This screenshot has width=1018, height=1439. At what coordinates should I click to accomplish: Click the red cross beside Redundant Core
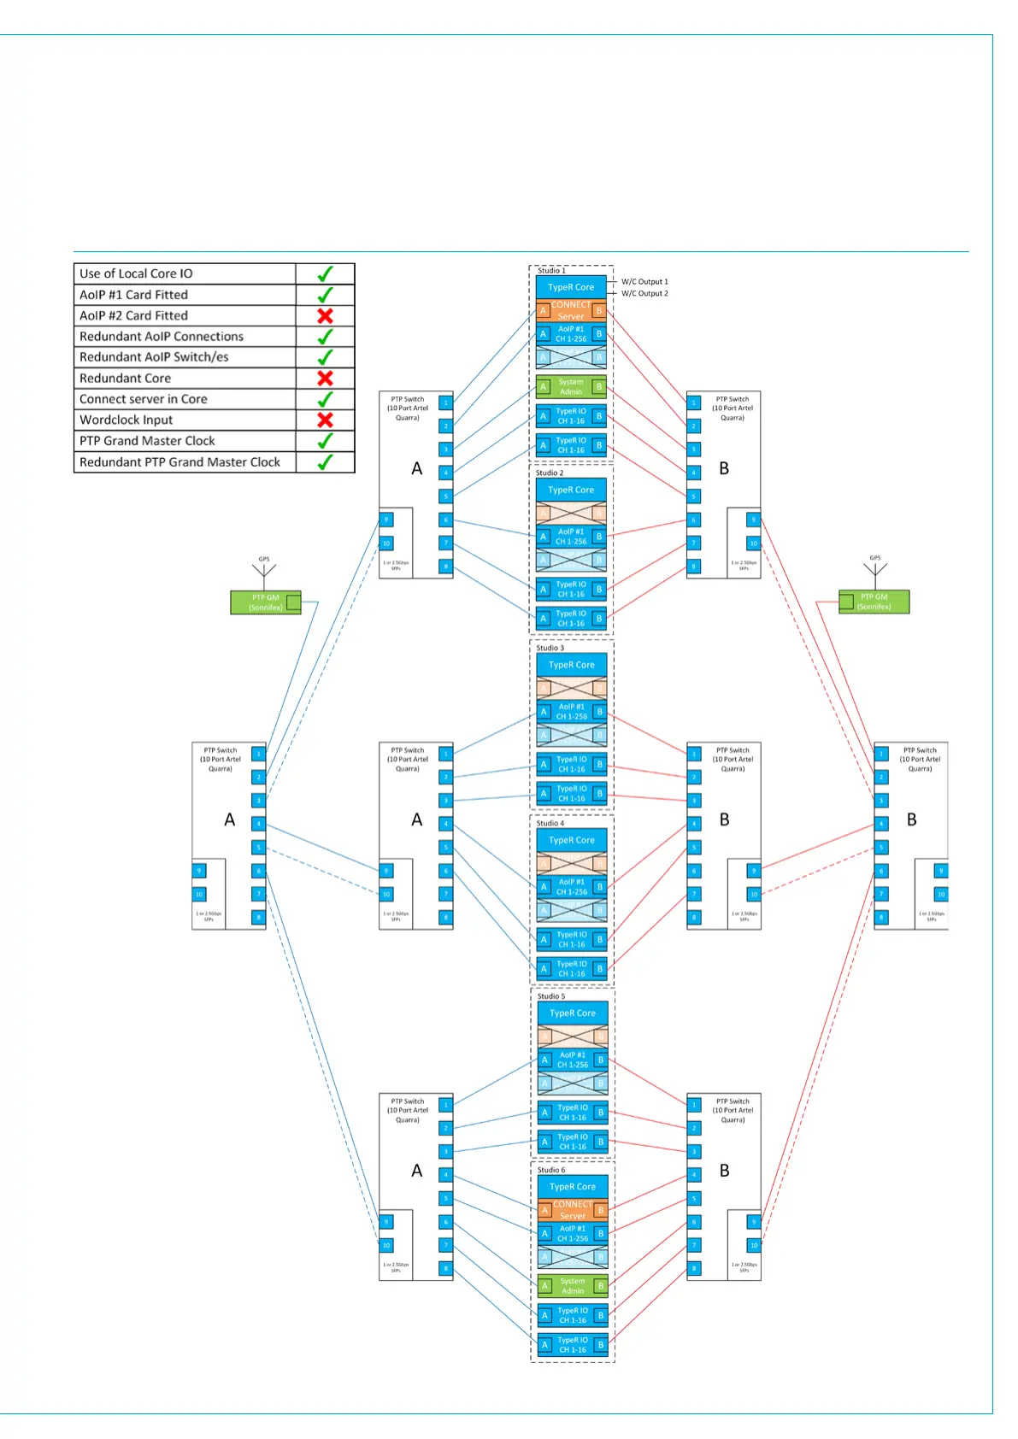click(x=325, y=378)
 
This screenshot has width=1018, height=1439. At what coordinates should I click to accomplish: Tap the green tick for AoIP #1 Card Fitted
click(x=325, y=295)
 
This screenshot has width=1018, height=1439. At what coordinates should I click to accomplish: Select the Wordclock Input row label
click(x=126, y=420)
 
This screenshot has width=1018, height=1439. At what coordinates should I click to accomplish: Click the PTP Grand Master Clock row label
click(x=147, y=441)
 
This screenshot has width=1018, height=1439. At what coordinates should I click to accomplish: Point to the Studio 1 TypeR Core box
click(x=571, y=287)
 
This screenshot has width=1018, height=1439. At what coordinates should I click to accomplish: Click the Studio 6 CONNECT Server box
click(x=573, y=1210)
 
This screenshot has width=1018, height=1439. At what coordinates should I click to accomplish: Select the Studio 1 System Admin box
click(x=571, y=387)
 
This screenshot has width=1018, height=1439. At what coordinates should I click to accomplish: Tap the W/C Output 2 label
click(x=644, y=293)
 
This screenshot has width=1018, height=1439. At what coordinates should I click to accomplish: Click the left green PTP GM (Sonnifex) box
click(x=265, y=602)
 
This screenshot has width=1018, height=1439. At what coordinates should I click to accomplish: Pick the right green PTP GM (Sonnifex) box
click(x=874, y=602)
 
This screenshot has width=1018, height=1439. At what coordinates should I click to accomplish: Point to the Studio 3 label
click(x=550, y=648)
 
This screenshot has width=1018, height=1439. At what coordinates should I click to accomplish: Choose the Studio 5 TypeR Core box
click(x=573, y=1013)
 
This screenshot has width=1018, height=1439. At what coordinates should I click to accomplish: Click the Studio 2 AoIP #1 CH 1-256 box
click(x=571, y=537)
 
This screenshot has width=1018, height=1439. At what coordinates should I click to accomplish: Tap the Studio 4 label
click(x=550, y=823)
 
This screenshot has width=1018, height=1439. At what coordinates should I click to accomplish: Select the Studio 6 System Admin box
click(x=573, y=1286)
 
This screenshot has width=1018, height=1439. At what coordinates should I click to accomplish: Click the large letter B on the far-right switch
click(x=911, y=819)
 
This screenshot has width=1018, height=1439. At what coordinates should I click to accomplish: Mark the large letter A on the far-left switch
click(x=229, y=819)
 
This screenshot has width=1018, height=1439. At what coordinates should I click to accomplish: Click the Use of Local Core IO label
click(x=136, y=273)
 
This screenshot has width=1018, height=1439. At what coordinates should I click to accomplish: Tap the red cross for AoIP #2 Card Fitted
click(x=325, y=315)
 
